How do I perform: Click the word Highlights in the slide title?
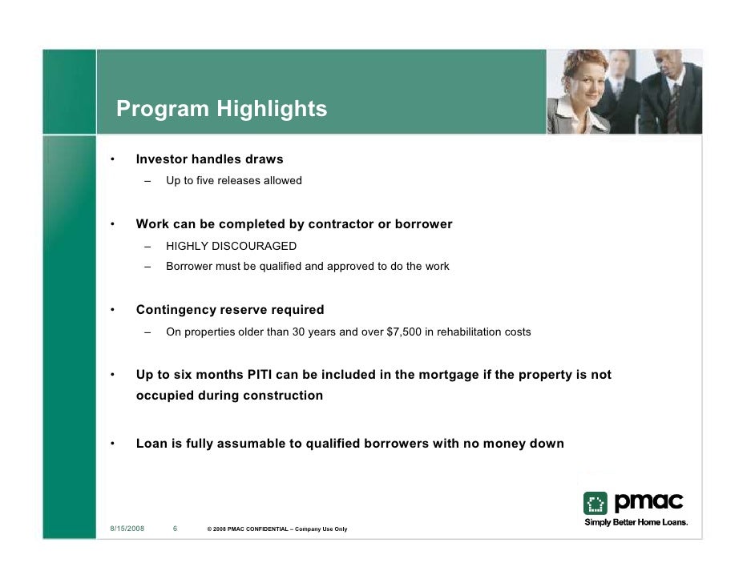272,109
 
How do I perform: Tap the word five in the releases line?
205,180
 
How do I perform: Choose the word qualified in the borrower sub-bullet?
281,267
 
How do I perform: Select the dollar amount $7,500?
404,332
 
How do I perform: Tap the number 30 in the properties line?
298,332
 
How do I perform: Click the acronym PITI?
260,375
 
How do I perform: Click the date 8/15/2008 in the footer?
127,529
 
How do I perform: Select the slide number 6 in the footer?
175,529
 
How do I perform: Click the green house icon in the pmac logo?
596,504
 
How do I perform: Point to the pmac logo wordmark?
649,501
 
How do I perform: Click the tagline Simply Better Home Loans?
636,522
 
